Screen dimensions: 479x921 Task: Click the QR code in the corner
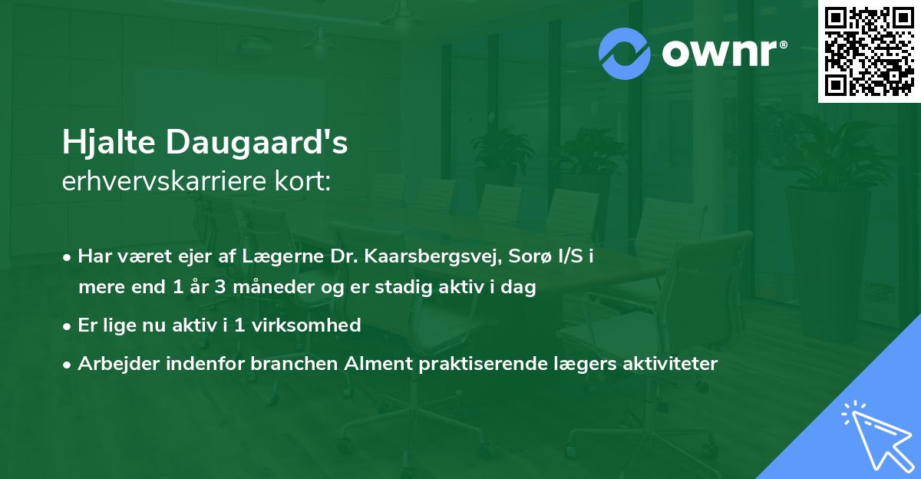[x=869, y=51]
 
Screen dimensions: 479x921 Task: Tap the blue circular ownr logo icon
[x=625, y=54]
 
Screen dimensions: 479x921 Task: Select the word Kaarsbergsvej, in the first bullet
[x=426, y=256]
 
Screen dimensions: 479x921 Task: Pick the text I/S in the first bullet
[x=571, y=256]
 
